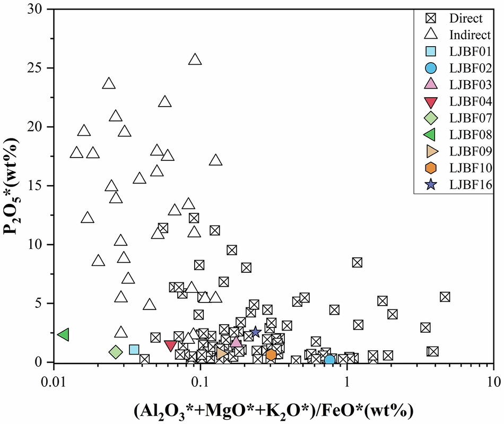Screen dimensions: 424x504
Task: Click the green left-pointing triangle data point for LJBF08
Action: (x=64, y=334)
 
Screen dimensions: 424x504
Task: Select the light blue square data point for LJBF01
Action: (x=134, y=350)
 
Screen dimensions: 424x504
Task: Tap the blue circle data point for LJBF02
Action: (x=329, y=360)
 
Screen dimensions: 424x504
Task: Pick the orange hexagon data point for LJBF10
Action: (x=271, y=354)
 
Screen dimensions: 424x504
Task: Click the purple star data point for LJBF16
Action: (x=255, y=332)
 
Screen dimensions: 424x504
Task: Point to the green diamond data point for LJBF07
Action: (x=116, y=352)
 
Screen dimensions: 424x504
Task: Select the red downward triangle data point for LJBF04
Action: (x=171, y=345)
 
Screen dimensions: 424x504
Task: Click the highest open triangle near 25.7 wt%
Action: (x=195, y=59)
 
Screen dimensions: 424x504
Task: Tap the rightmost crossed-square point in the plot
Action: (x=445, y=297)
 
